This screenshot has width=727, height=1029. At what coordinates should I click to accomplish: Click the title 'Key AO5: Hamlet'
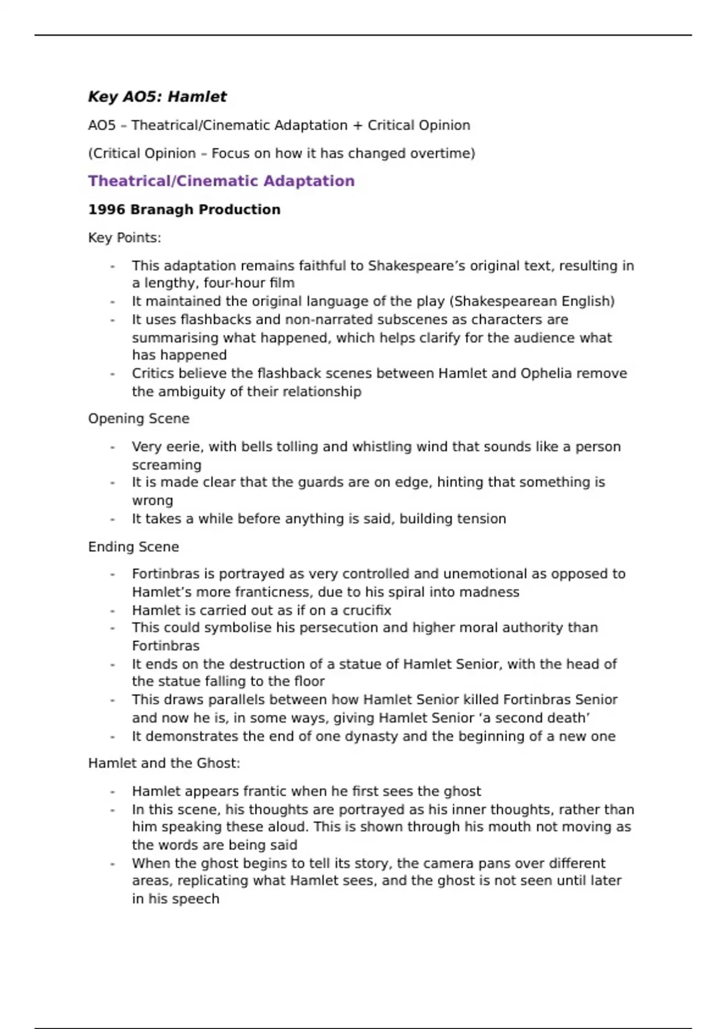point(157,97)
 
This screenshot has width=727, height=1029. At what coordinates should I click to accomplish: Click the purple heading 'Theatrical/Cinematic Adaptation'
point(221,181)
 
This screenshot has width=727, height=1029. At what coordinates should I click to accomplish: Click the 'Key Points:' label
point(124,238)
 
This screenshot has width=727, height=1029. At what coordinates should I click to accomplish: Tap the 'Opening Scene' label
point(138,419)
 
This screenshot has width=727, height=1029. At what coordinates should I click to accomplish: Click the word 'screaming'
point(167,465)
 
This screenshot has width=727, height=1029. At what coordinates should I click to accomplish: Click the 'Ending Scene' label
point(133,547)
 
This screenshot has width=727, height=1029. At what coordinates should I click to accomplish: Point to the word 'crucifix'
point(367,610)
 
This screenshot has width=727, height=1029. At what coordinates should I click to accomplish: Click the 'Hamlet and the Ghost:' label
point(164,763)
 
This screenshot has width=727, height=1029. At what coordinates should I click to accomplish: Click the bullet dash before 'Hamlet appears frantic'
point(113,792)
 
